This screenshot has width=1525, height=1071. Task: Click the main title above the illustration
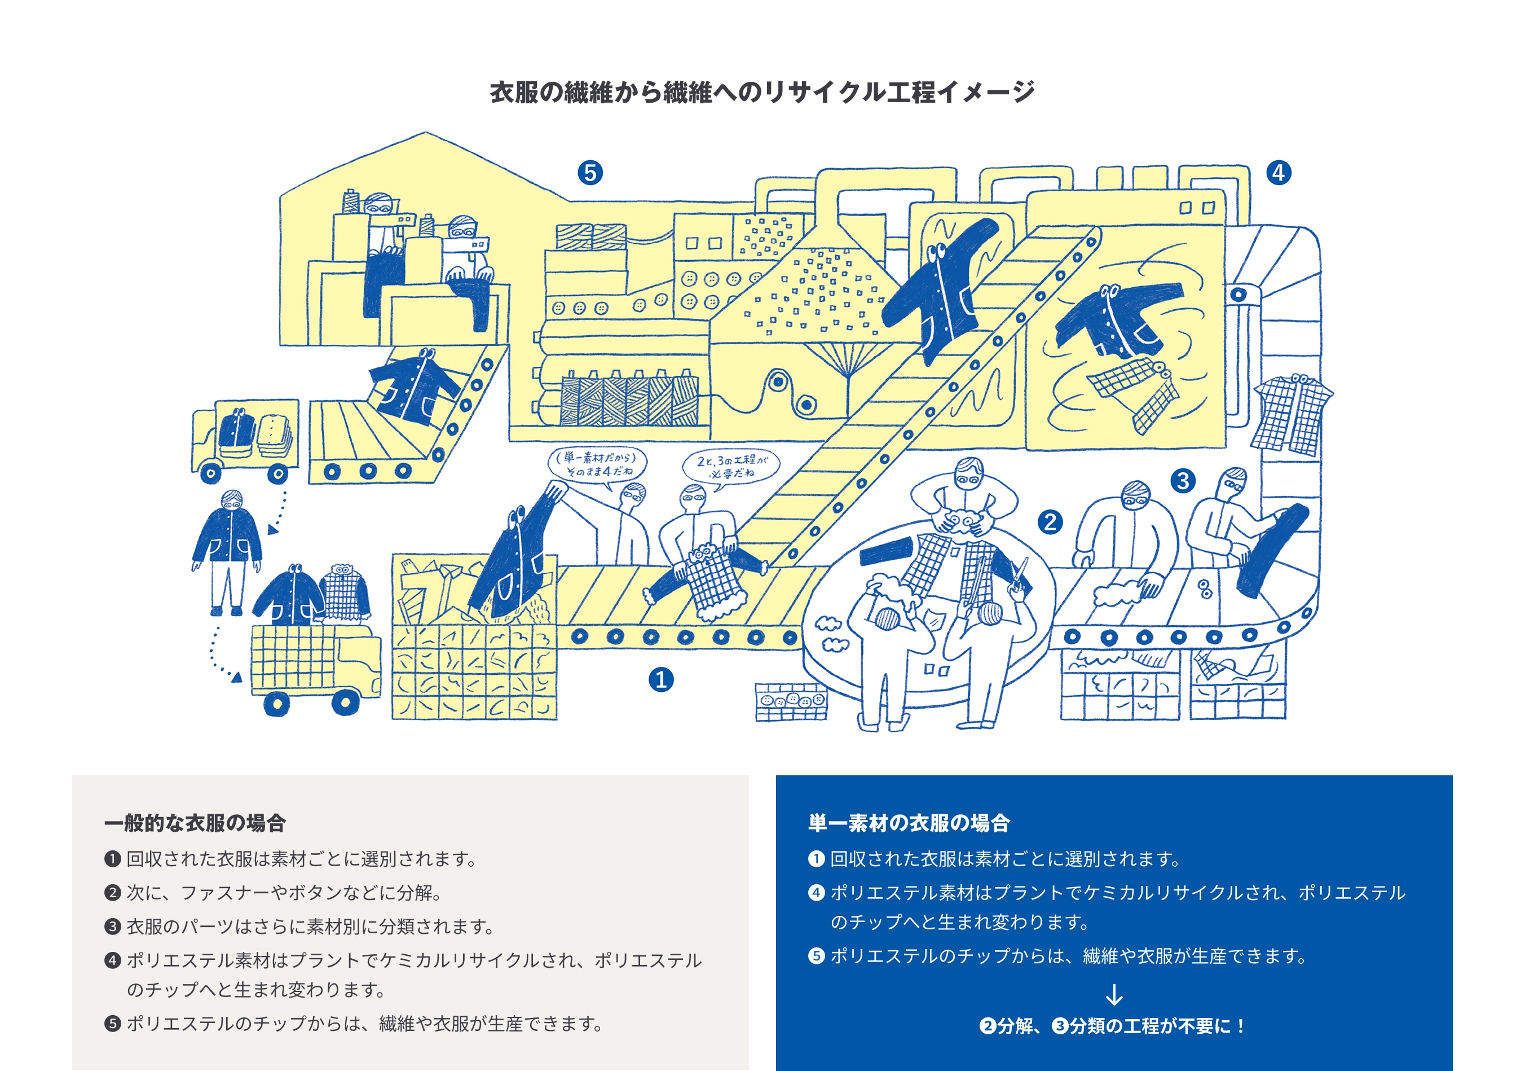tap(762, 91)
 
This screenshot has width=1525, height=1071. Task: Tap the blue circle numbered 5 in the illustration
tap(590, 173)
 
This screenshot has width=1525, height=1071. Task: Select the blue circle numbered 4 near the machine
tap(1279, 173)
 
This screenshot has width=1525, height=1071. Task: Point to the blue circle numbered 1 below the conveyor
tap(661, 679)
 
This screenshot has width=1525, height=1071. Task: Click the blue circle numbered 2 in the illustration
tap(1050, 521)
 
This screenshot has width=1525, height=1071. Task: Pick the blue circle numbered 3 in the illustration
tap(1183, 480)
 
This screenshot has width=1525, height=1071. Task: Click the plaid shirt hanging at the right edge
tap(1292, 415)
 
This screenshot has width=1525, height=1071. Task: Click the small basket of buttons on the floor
tap(791, 703)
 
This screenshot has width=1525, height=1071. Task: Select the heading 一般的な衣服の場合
tap(195, 823)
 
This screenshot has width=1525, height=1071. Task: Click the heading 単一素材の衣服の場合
tap(908, 823)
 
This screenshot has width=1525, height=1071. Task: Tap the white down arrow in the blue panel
tap(1114, 995)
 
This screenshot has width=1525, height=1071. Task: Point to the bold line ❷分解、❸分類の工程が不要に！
tap(1114, 1026)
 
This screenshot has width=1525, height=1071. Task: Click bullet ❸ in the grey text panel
tap(112, 926)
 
